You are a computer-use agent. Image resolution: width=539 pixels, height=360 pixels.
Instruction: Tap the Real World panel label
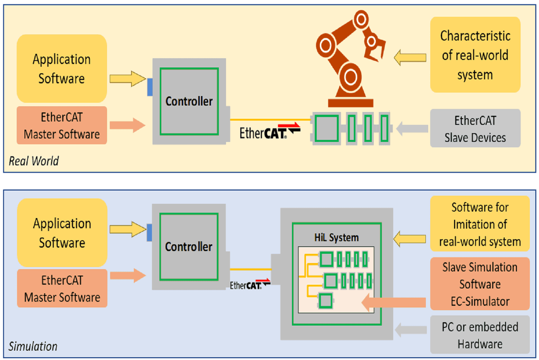tap(34, 161)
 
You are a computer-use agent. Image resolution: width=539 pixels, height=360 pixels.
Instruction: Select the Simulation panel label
tap(33, 347)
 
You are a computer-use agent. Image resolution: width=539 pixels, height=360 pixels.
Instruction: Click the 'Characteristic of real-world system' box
tap(475, 55)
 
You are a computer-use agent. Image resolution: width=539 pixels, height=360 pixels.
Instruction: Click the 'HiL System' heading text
tap(336, 237)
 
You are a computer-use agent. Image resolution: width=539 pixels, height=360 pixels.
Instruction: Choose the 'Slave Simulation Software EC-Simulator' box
tap(479, 284)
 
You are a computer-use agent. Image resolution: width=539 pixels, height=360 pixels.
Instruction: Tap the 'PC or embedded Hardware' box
tap(479, 335)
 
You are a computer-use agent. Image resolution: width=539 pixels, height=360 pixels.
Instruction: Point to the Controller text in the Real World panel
tap(189, 102)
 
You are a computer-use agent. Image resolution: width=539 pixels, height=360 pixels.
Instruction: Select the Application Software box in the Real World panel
tap(62, 69)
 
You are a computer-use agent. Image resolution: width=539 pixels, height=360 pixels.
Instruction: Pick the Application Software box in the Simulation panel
tap(62, 233)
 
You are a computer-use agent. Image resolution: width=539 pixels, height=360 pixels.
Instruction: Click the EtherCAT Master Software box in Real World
tap(62, 125)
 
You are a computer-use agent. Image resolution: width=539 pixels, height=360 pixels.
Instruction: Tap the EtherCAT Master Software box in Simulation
tap(62, 288)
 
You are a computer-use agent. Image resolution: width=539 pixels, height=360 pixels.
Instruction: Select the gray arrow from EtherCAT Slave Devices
tap(412, 129)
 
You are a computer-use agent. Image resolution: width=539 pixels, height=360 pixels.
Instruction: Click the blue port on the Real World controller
tap(150, 86)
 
